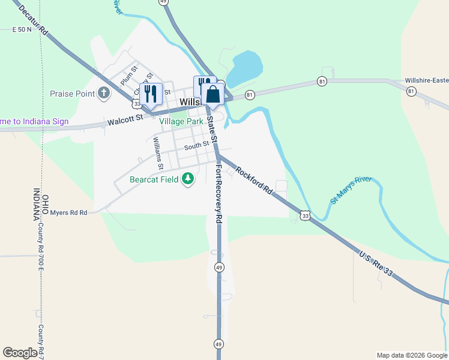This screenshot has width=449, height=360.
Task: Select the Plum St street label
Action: tap(128, 76)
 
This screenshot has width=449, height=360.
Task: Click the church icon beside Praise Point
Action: tap(104, 93)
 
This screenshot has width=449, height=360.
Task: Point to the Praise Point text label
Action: tap(72, 94)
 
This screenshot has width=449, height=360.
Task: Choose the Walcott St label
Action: tap(124, 120)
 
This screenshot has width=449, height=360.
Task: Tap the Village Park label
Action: tap(181, 121)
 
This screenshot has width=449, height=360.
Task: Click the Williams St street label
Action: tap(158, 152)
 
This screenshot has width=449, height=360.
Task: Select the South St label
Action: tap(196, 146)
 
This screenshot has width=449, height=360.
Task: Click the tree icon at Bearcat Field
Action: tap(188, 179)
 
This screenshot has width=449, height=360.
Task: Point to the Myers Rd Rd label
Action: tap(68, 212)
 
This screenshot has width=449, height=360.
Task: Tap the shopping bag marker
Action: tap(212, 94)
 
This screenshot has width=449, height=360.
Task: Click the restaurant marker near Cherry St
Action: tap(151, 93)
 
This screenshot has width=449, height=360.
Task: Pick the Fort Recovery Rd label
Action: tap(218, 193)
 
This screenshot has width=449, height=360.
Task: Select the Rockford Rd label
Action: tap(255, 180)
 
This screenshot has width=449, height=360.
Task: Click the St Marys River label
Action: tap(351, 190)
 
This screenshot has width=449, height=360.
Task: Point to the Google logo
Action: tap(20, 353)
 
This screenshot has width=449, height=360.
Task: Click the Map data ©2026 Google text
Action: tap(412, 355)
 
